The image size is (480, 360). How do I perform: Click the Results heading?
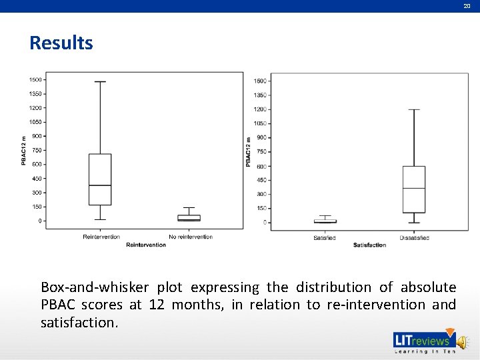point(61,43)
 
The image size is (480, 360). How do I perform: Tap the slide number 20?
point(467,5)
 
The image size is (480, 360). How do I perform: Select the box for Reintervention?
point(100,179)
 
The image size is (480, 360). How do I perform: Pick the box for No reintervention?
point(189,217)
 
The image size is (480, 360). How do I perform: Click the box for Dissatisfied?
point(413,189)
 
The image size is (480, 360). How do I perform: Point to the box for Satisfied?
point(325,221)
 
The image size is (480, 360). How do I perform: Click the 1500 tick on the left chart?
point(35,79)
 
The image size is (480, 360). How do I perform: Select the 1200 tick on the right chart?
point(260,109)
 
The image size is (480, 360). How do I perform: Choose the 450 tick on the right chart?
point(260,180)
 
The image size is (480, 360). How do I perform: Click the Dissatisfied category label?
point(414,238)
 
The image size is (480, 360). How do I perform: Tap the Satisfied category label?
point(325,238)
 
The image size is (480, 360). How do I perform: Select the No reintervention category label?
point(191,237)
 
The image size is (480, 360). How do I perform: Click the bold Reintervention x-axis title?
point(146,245)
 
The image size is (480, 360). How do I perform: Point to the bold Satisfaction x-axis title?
point(369,245)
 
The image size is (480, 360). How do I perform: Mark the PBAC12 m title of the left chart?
point(24,150)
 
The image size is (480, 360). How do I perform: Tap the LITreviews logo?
point(423,341)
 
